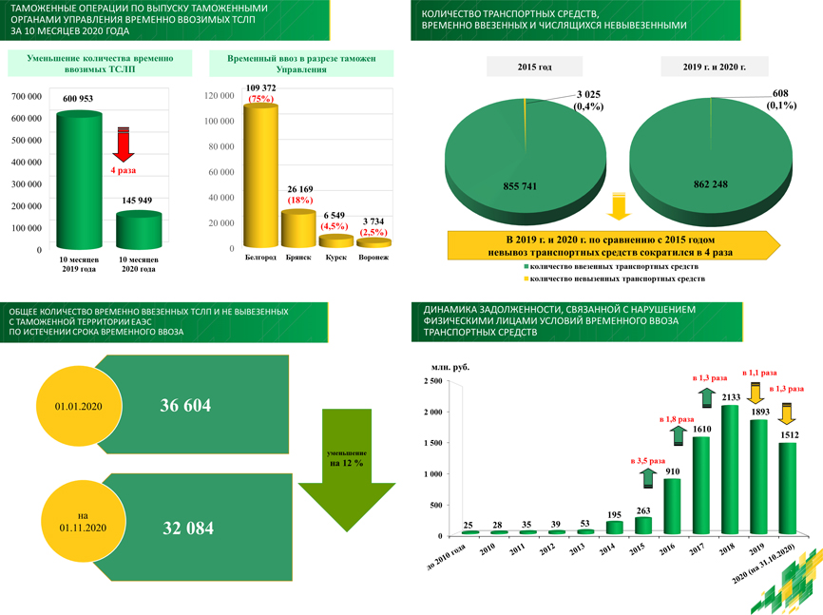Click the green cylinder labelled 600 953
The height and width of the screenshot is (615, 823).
(x=78, y=181)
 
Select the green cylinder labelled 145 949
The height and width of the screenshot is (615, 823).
(x=138, y=231)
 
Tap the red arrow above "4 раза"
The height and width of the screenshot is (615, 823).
(x=123, y=144)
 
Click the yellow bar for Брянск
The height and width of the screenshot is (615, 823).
(x=298, y=228)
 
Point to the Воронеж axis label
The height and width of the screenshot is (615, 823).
(x=373, y=258)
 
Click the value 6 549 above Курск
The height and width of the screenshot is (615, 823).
(x=335, y=216)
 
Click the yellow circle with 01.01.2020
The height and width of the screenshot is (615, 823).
(x=78, y=406)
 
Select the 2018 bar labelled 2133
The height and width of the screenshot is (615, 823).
(x=730, y=471)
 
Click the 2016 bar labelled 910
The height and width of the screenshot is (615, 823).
(x=673, y=507)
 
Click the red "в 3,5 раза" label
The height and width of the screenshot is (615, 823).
(x=649, y=462)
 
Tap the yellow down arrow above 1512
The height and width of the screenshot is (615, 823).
(x=786, y=414)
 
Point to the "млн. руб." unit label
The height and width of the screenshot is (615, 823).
(x=450, y=367)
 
